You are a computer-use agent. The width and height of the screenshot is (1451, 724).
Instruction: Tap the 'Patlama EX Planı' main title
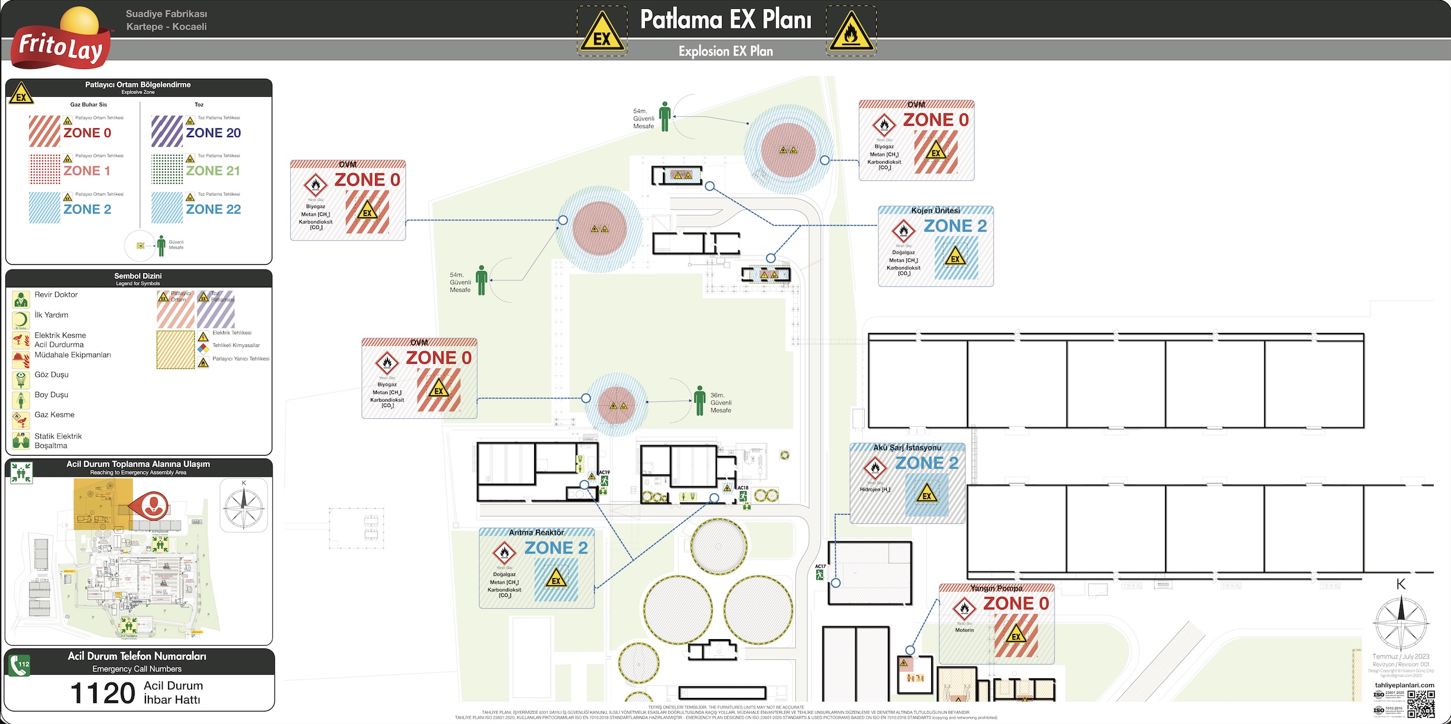click(725, 20)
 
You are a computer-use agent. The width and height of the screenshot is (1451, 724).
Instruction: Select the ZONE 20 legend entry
click(213, 133)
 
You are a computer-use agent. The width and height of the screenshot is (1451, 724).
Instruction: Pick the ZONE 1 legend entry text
click(87, 171)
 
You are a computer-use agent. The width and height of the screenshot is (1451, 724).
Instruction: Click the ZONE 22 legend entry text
click(213, 209)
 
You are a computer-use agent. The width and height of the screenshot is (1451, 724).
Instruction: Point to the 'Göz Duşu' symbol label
click(52, 375)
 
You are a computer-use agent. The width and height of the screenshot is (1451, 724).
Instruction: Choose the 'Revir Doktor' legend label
click(56, 295)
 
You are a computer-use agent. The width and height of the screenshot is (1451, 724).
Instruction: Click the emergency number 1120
click(103, 693)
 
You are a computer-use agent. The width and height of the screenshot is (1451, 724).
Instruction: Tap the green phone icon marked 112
click(20, 664)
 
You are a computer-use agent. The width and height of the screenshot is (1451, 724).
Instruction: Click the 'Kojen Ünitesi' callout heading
click(935, 211)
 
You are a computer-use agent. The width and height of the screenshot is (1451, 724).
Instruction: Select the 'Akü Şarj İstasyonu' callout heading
click(907, 447)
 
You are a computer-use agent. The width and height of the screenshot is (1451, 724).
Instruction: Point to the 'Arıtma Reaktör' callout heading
click(536, 532)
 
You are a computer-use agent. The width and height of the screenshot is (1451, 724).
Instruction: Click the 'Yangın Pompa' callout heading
click(996, 588)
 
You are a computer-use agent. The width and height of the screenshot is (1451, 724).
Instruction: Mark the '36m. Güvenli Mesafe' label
click(720, 402)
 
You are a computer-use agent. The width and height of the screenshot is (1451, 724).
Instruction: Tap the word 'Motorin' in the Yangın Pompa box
click(964, 630)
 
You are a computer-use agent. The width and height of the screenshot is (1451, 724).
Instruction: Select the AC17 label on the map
click(820, 567)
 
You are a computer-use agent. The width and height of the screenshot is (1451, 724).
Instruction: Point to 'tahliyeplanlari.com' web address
click(1404, 685)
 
